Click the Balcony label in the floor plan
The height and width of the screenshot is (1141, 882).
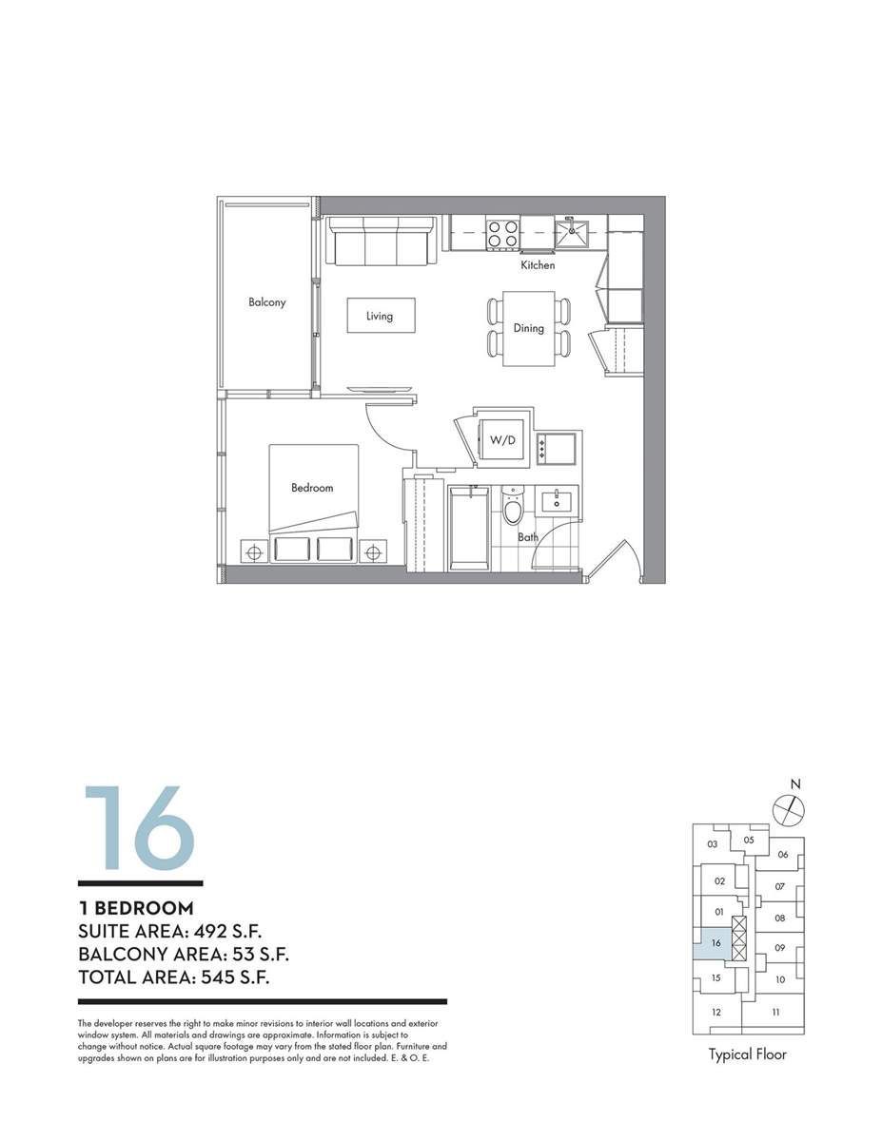click(x=266, y=302)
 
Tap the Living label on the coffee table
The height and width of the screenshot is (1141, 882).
click(x=380, y=316)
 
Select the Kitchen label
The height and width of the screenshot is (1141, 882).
click(x=538, y=265)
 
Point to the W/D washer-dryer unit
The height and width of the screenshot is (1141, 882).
click(x=502, y=440)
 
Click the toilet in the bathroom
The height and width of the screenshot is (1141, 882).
click(x=512, y=505)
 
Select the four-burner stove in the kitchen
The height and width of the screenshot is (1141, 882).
click(x=503, y=234)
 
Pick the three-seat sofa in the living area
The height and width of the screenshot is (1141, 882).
click(x=381, y=241)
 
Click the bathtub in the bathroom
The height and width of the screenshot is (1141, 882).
click(x=469, y=528)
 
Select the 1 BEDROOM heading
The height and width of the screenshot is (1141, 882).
click(x=136, y=908)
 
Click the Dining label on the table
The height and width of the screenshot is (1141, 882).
click(x=528, y=328)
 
